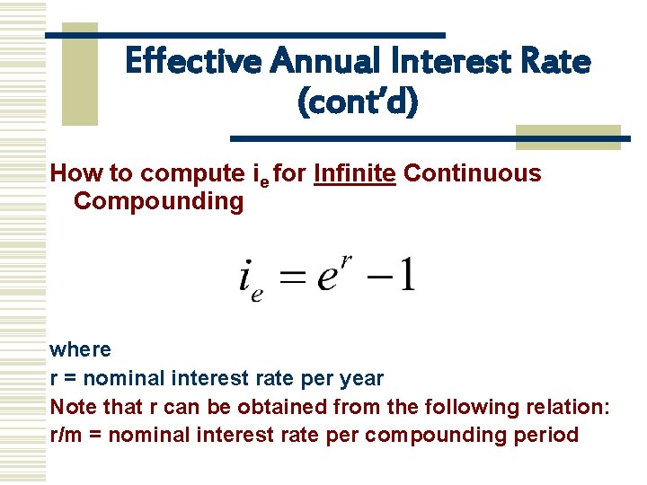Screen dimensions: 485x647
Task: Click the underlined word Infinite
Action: pos(355,173)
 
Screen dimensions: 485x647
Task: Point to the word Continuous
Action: pos(473,173)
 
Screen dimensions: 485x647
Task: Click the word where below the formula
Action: pos(81,349)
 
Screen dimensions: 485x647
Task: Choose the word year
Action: pos(361,379)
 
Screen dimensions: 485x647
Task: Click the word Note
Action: pos(73,407)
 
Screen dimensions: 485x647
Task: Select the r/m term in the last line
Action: pos(65,435)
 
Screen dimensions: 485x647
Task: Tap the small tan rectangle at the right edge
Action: pos(567,137)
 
